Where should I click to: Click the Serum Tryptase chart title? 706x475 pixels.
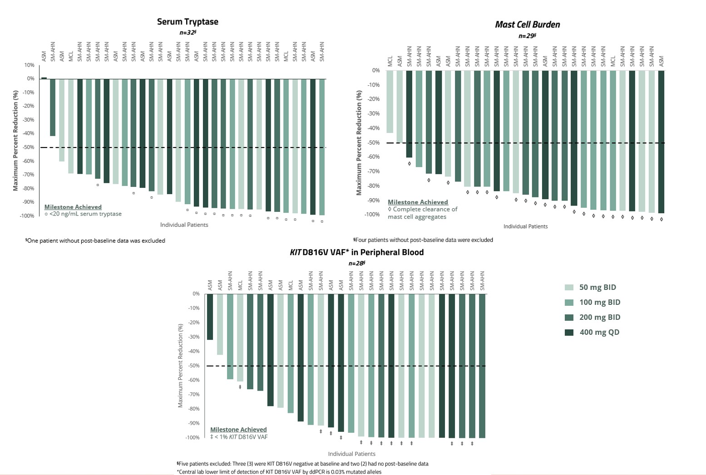[188, 22]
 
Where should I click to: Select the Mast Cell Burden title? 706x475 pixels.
[527, 24]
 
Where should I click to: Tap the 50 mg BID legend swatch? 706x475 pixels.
[569, 287]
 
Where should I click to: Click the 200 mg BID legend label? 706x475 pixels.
[599, 317]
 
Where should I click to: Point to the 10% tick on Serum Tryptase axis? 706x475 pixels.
[29, 65]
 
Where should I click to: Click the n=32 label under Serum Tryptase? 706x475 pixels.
[188, 32]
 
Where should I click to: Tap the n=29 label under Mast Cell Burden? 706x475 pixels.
[527, 35]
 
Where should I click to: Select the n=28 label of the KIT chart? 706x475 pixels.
[357, 263]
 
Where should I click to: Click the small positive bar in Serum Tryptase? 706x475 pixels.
[44, 78]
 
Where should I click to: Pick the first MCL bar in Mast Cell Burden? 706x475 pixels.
[390, 102]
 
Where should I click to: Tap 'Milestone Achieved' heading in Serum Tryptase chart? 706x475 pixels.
[73, 207]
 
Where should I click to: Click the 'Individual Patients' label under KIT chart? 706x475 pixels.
[351, 454]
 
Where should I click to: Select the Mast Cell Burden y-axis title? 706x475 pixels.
[359, 143]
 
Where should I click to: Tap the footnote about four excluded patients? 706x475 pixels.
[423, 240]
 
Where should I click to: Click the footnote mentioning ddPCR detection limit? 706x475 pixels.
[279, 472]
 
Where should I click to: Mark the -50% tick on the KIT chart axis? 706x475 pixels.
[194, 366]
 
